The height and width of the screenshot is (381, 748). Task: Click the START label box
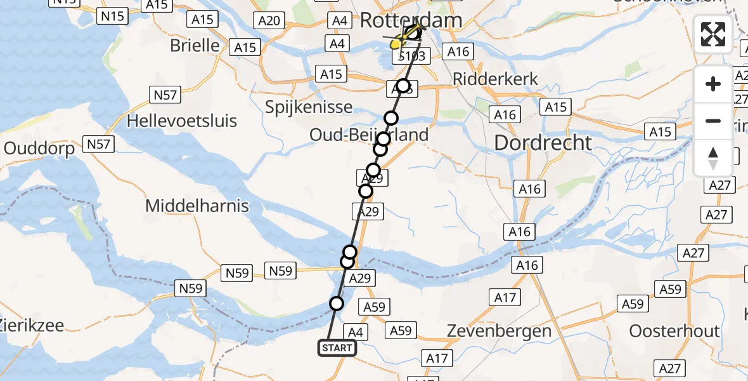[337, 348]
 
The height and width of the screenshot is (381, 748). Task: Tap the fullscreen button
[713, 34]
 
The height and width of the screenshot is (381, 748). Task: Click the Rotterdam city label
[411, 20]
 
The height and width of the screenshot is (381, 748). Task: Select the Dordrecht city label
[543, 142]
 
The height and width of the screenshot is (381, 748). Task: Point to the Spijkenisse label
[308, 106]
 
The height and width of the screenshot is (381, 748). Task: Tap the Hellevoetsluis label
[182, 121]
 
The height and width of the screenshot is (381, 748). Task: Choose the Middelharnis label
[197, 206]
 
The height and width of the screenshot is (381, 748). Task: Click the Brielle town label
[195, 46]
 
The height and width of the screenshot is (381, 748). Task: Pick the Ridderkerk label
[496, 79]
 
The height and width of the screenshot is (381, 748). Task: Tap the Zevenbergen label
[499, 331]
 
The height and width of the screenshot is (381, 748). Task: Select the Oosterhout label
[674, 331]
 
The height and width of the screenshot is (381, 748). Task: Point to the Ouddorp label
[39, 148]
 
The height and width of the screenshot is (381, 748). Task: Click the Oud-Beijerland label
[368, 135]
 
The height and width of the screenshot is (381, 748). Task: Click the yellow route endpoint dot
[396, 44]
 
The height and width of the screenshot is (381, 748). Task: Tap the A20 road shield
[269, 21]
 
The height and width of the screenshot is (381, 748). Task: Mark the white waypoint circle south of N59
[337, 304]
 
